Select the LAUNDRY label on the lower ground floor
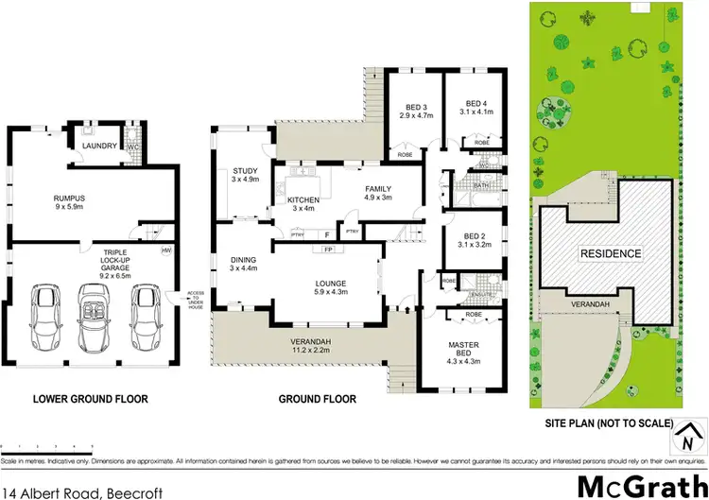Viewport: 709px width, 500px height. pos(99,147)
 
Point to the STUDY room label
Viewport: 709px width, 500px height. pos(245,172)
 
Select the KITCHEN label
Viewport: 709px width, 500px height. pos(303,200)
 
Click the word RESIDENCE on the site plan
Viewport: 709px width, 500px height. pos(611,253)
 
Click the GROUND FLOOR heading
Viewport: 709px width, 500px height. pos(317,399)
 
